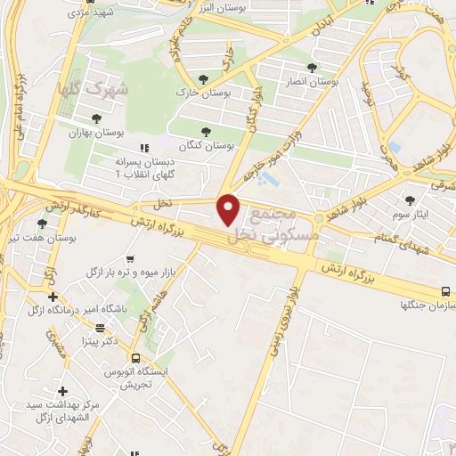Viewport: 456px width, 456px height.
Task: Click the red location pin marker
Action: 230,210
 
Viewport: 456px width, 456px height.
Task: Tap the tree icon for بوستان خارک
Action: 205,80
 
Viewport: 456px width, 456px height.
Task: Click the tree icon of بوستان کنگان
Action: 207,132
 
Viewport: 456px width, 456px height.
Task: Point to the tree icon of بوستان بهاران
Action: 96,118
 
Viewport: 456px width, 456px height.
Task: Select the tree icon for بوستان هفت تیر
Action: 41,224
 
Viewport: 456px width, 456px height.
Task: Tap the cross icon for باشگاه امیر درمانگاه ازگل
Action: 53,297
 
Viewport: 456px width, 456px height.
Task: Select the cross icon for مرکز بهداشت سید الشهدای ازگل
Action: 61,391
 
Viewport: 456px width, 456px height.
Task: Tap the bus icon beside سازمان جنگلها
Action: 445,291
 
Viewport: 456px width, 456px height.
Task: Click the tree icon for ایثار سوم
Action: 410,200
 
